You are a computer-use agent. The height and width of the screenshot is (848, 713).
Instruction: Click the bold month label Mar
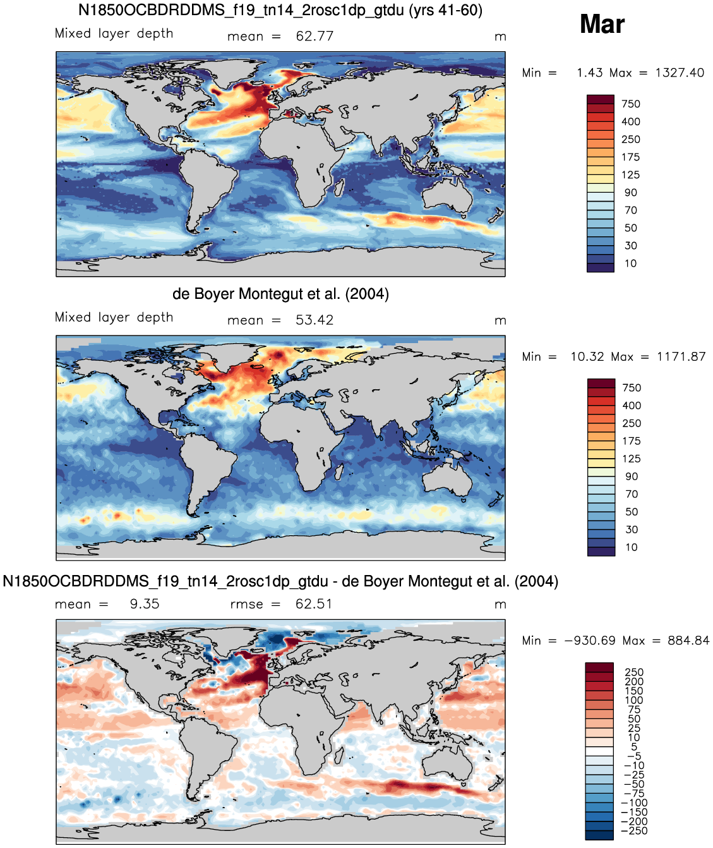click(x=602, y=24)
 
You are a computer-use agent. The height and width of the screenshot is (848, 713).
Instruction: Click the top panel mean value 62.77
click(x=315, y=36)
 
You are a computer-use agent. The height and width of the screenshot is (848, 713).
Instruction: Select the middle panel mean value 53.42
click(x=315, y=320)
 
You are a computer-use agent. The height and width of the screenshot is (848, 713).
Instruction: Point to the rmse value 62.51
click(x=313, y=604)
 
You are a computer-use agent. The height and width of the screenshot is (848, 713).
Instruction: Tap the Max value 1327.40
click(x=680, y=73)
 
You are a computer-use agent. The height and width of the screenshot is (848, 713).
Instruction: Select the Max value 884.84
click(x=688, y=641)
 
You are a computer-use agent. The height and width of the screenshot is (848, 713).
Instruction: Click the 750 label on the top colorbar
click(x=630, y=104)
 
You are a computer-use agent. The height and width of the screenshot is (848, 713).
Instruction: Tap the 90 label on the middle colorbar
click(x=632, y=476)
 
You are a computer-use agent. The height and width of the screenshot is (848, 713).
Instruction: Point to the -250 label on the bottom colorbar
click(x=634, y=830)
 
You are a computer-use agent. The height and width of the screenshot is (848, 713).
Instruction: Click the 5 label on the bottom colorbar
click(x=634, y=747)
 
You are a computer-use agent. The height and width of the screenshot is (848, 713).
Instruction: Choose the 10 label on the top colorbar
click(x=630, y=263)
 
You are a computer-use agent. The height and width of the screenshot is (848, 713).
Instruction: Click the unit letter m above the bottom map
click(x=500, y=605)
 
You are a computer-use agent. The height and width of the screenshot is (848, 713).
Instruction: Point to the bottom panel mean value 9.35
click(x=145, y=604)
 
